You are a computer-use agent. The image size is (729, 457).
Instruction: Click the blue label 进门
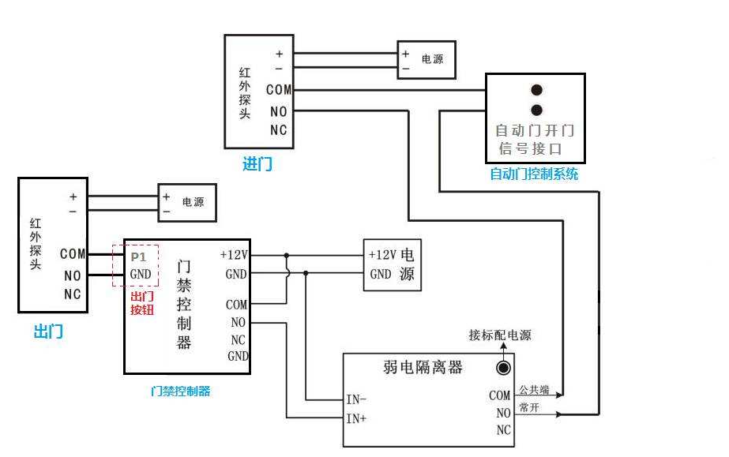(257, 165)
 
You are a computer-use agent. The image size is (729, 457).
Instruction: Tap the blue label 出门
(47, 332)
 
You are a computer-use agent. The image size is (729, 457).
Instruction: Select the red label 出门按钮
(142, 303)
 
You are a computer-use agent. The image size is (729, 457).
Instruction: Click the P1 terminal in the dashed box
(138, 257)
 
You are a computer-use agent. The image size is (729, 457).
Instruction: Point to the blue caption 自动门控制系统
(534, 174)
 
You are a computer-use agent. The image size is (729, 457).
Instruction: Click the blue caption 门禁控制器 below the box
(181, 391)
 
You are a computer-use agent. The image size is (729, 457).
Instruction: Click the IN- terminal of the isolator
(356, 400)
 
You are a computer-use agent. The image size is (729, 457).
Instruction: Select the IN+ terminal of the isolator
(356, 419)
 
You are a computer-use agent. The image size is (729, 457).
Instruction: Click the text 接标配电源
(500, 335)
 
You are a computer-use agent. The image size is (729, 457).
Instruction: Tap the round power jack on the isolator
(502, 368)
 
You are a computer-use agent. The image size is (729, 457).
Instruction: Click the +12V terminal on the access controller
(234, 255)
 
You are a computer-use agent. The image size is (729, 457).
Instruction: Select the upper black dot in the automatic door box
(536, 91)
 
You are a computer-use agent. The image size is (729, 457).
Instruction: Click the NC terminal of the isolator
(503, 431)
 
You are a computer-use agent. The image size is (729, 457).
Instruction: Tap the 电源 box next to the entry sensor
(426, 60)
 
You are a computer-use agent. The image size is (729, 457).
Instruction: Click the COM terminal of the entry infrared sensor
(279, 91)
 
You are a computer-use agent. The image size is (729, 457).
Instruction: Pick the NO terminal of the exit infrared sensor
(73, 275)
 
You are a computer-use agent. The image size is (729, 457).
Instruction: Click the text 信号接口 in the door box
(530, 148)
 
